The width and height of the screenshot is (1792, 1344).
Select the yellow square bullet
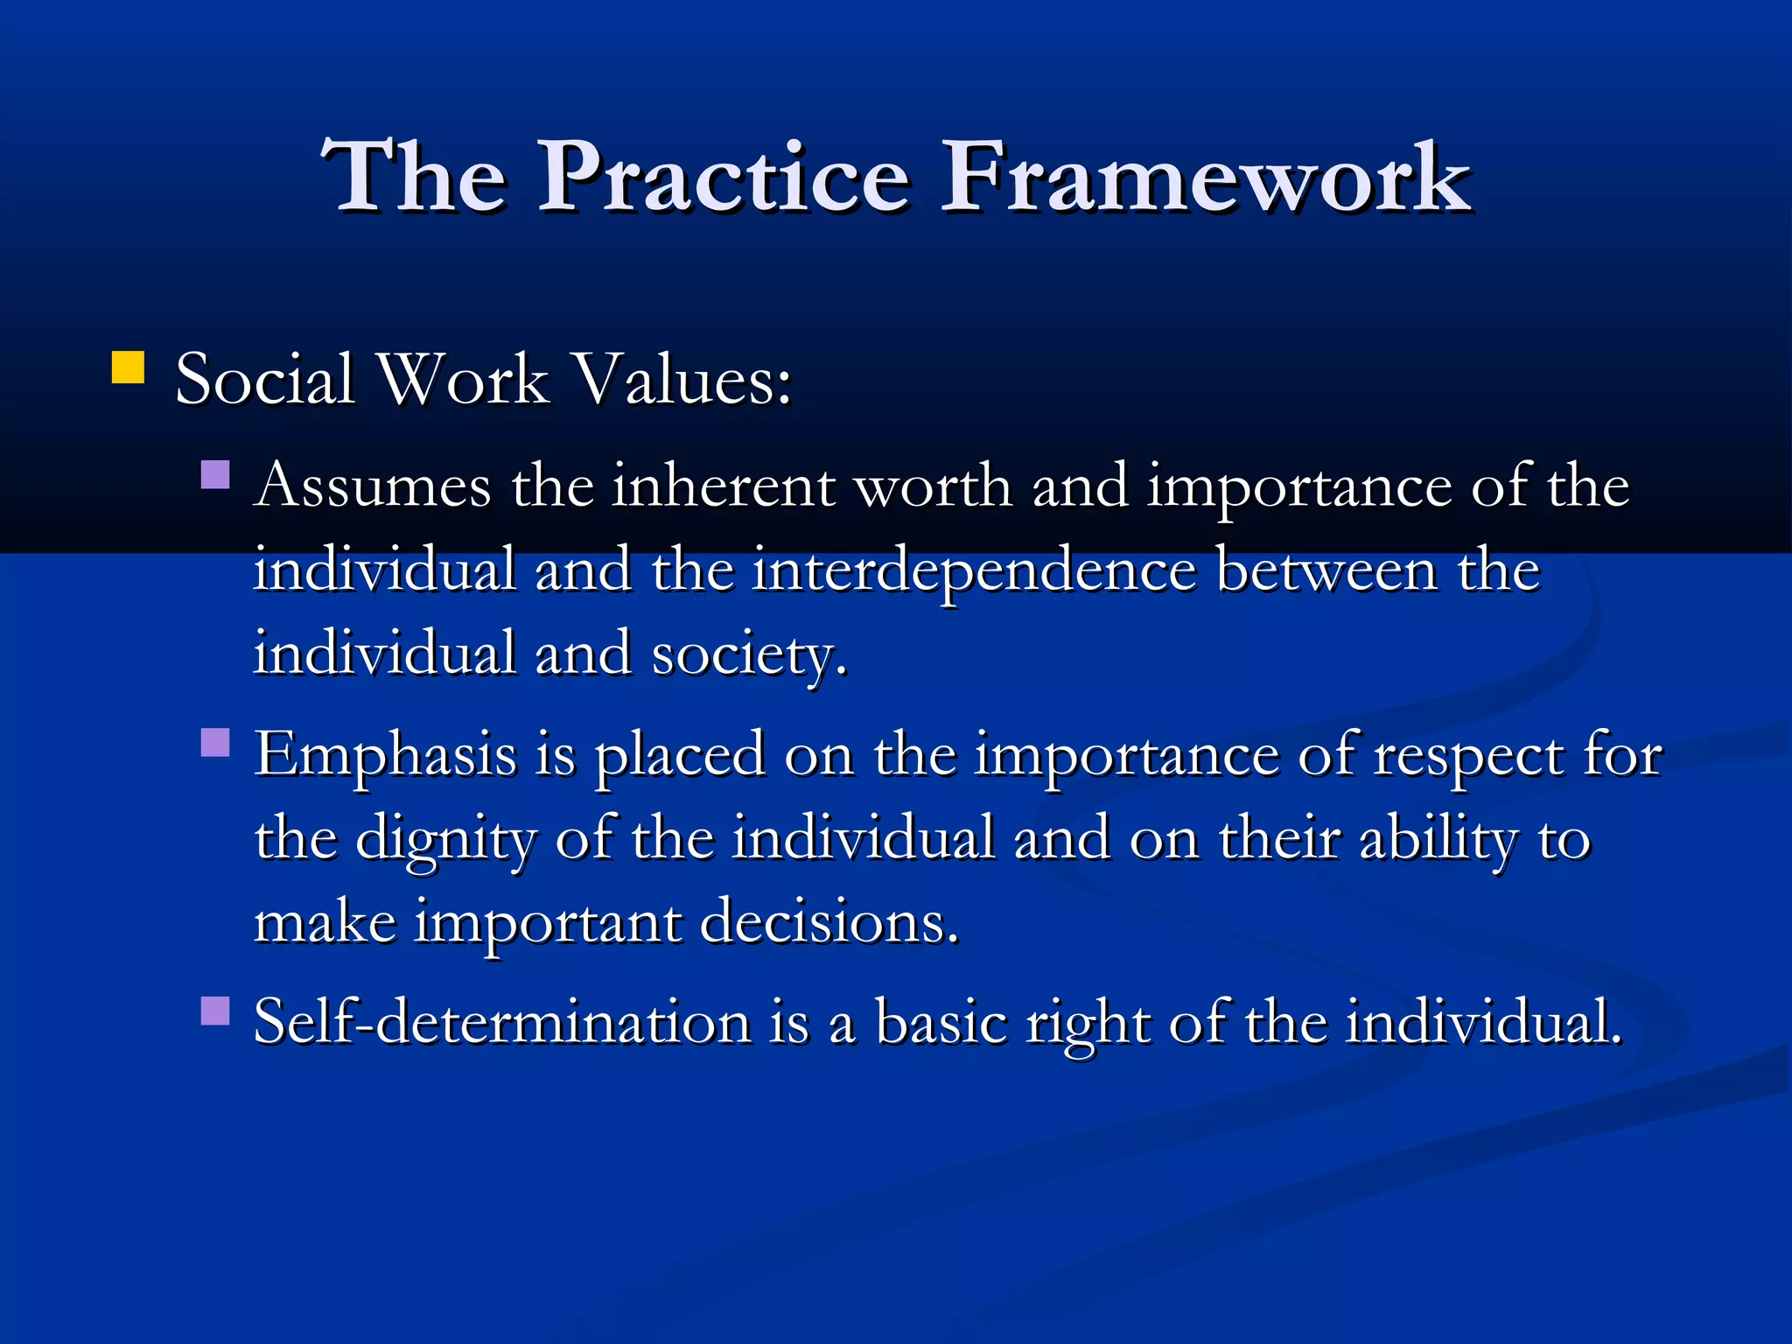128,367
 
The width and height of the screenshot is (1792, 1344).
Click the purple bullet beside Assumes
214,475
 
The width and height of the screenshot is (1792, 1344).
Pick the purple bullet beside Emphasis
214,743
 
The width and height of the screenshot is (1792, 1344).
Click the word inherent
723,486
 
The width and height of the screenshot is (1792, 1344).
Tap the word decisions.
829,924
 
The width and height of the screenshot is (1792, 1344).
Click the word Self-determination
501,1022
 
